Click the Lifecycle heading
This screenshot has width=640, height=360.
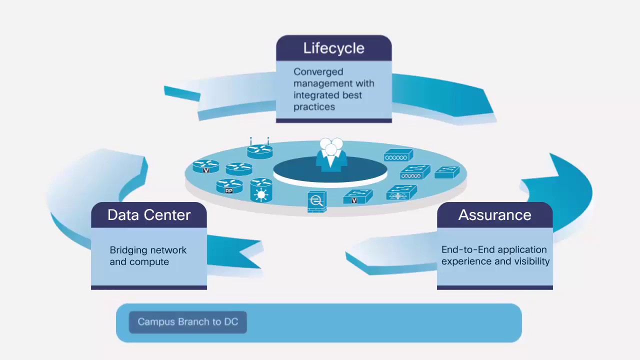click(333, 48)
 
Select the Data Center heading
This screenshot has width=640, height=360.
click(149, 215)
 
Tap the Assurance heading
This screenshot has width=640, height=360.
click(494, 215)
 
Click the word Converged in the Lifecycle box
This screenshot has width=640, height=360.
click(311, 72)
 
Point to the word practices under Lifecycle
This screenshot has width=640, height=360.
click(314, 106)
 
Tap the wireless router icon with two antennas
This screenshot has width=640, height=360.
click(259, 149)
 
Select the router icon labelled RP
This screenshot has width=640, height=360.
click(229, 186)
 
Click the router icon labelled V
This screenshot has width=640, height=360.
click(206, 166)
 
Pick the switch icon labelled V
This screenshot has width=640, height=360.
click(357, 196)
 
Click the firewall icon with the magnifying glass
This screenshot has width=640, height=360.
click(316, 201)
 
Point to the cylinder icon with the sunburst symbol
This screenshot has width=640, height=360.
click(261, 190)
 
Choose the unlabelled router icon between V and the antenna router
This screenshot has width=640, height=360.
click(238, 169)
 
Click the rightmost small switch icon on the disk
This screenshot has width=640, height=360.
click(447, 172)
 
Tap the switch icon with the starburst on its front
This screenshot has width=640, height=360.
click(401, 192)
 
